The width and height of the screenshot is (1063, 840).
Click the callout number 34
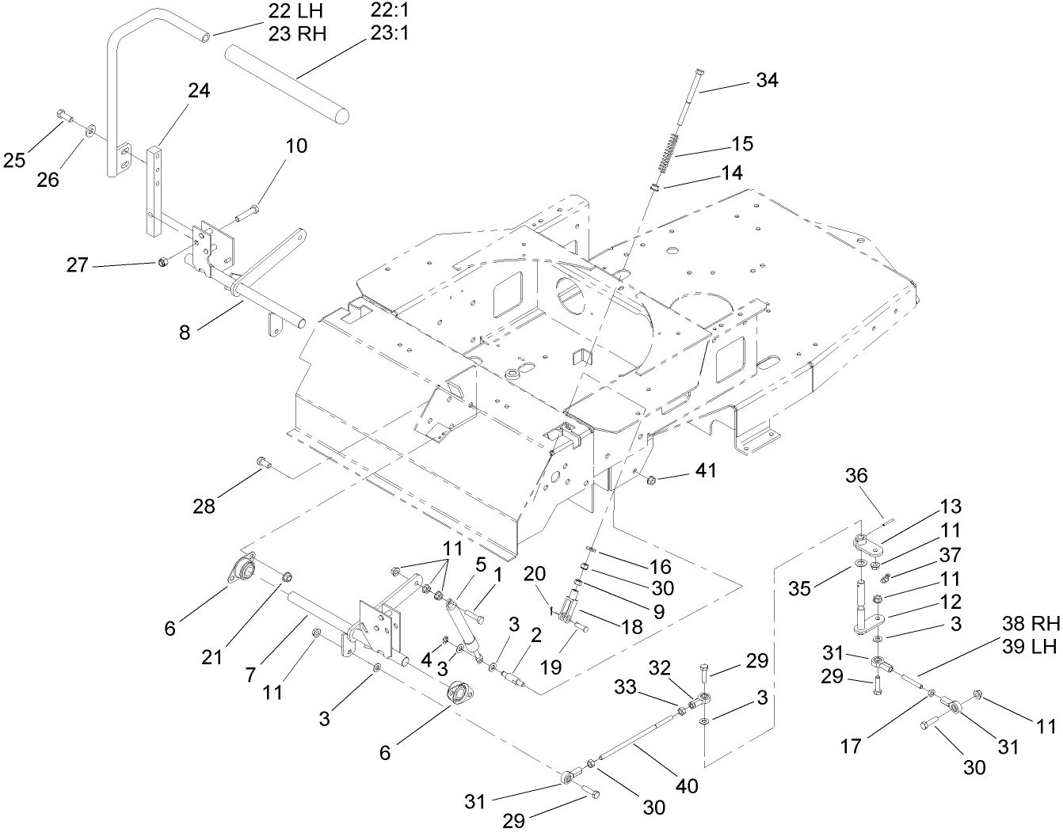pyautogui.click(x=767, y=80)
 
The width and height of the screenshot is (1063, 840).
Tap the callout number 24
pyautogui.click(x=198, y=91)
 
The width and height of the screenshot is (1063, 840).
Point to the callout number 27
pyautogui.click(x=77, y=265)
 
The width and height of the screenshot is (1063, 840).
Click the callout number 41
pyautogui.click(x=705, y=470)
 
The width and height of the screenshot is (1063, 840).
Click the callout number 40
pyautogui.click(x=687, y=786)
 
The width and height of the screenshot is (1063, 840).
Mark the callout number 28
pyautogui.click(x=204, y=506)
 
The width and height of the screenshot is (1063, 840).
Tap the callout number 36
pyautogui.click(x=856, y=476)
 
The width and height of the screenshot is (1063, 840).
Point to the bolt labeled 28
pyautogui.click(x=264, y=463)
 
